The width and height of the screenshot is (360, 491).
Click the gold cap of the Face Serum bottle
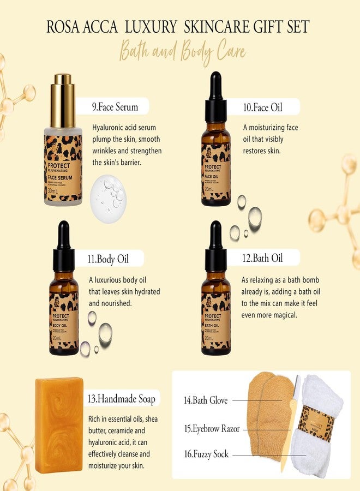pos(63,93)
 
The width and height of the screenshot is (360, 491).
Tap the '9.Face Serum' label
pos(115,107)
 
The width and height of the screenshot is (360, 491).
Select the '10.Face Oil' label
pos(263,107)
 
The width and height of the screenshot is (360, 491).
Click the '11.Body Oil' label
pos(111,259)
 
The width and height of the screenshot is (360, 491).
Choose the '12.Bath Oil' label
pos(263,258)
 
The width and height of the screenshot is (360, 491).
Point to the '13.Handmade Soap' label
pos(122,399)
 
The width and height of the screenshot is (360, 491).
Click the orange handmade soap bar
pos(59,424)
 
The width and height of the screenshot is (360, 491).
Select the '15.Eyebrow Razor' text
pos(212,429)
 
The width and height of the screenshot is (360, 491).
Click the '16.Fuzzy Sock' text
pos(206,453)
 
